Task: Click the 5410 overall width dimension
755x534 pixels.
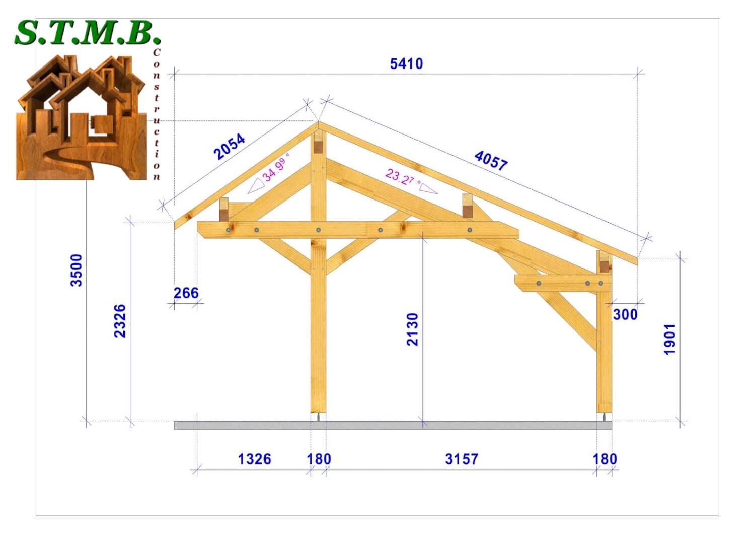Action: [406, 64]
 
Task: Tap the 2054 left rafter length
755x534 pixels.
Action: [230, 146]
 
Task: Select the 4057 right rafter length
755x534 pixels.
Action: [491, 160]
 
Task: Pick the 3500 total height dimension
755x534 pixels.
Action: [76, 270]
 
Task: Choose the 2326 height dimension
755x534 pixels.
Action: [120, 320]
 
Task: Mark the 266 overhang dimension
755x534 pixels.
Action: [186, 293]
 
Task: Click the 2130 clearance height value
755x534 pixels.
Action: [412, 329]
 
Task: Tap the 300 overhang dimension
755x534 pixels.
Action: [625, 314]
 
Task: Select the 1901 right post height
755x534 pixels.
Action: [670, 339]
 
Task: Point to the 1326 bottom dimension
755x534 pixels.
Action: [254, 459]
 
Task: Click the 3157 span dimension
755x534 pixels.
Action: [462, 459]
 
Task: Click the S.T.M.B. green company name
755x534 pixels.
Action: [88, 33]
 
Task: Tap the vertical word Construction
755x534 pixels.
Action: [157, 114]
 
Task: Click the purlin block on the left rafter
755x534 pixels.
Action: [224, 210]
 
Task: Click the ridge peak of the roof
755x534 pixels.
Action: [318, 122]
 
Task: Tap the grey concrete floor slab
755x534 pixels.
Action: [393, 426]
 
